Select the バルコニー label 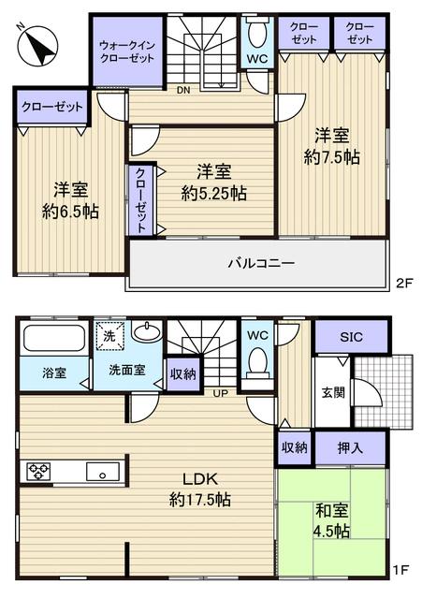(x=261, y=263)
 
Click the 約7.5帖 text (x=332, y=157)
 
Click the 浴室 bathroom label (x=53, y=373)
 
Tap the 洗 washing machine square (x=107, y=335)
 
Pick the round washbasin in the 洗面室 (x=145, y=332)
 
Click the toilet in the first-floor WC (x=257, y=361)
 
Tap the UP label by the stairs (x=221, y=392)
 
